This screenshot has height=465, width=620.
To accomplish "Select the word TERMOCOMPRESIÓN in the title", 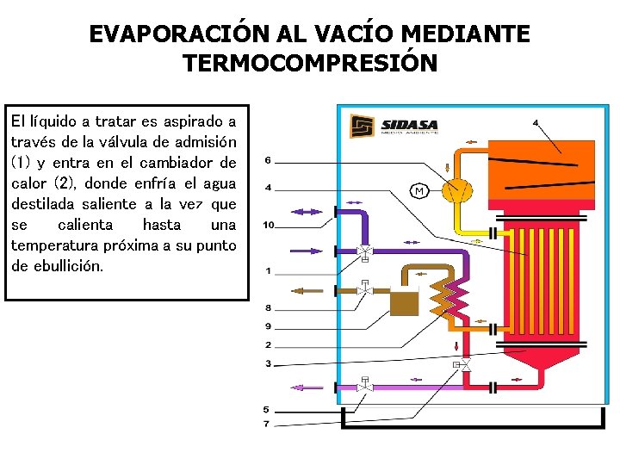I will (x=310, y=64).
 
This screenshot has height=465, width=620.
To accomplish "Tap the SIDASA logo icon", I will (x=363, y=127).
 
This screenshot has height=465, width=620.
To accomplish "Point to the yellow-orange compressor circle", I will (x=456, y=189).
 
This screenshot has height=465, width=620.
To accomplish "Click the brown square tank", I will (x=402, y=302).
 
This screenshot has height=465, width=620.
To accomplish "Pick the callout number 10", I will (x=268, y=226).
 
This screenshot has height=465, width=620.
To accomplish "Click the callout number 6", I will (x=268, y=161).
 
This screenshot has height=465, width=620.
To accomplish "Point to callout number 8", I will (x=268, y=307).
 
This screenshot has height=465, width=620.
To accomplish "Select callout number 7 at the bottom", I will (x=266, y=424).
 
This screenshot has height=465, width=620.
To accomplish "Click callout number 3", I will (x=268, y=363).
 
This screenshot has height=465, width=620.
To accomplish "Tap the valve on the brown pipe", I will (x=364, y=288).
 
